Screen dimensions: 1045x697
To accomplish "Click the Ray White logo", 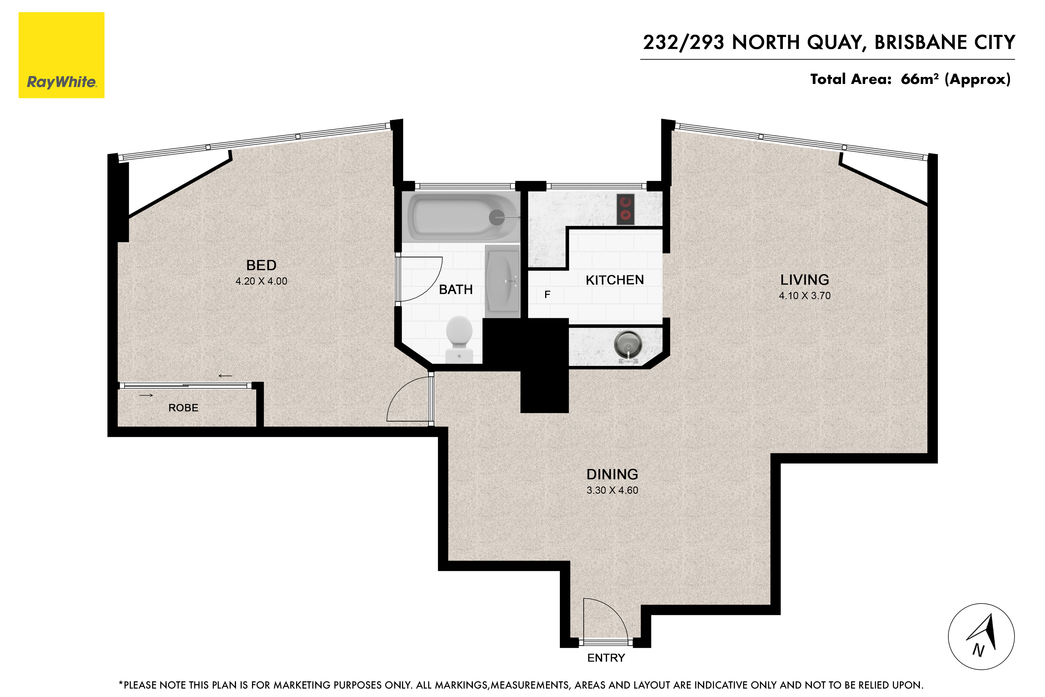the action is point(61,55).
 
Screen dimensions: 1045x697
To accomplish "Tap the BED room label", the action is point(261,265).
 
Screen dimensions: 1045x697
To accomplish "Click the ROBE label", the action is point(183,408).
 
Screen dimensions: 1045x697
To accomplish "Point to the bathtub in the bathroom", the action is point(461,216).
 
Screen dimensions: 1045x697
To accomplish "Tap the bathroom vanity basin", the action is point(502,281).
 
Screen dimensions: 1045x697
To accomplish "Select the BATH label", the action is point(455,289).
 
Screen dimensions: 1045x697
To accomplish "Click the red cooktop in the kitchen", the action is point(626,209).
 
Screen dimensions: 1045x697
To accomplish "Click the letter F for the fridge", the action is point(547,294).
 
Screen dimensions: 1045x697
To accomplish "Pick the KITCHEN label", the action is point(615,280).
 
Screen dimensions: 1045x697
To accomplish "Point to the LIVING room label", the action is point(805,280).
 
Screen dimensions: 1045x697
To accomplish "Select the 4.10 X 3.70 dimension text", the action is point(805,296).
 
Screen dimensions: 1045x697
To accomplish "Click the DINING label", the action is point(612,474).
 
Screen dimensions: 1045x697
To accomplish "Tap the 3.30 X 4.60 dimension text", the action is point(612,490).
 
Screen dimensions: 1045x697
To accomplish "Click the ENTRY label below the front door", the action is point(606,658).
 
